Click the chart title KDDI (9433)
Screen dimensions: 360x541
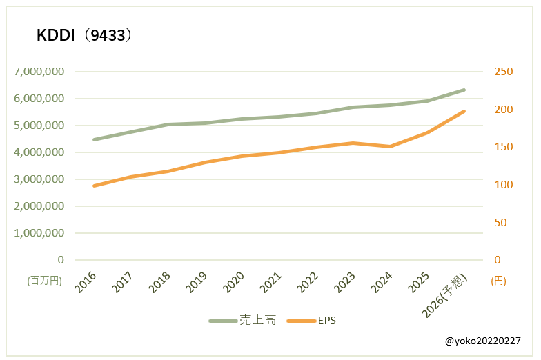pos(83,36)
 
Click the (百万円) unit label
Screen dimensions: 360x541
pos(45,281)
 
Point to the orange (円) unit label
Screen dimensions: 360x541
pos(498,281)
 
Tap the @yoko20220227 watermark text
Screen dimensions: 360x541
pos(482,341)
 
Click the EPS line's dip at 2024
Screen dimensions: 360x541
pos(390,146)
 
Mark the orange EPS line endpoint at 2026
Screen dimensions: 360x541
pos(464,111)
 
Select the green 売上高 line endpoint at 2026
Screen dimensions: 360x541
pos(464,90)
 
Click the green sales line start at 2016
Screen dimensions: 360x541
pos(94,139)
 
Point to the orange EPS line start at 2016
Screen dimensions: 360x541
pos(94,186)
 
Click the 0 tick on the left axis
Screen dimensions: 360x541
pos(61,260)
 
